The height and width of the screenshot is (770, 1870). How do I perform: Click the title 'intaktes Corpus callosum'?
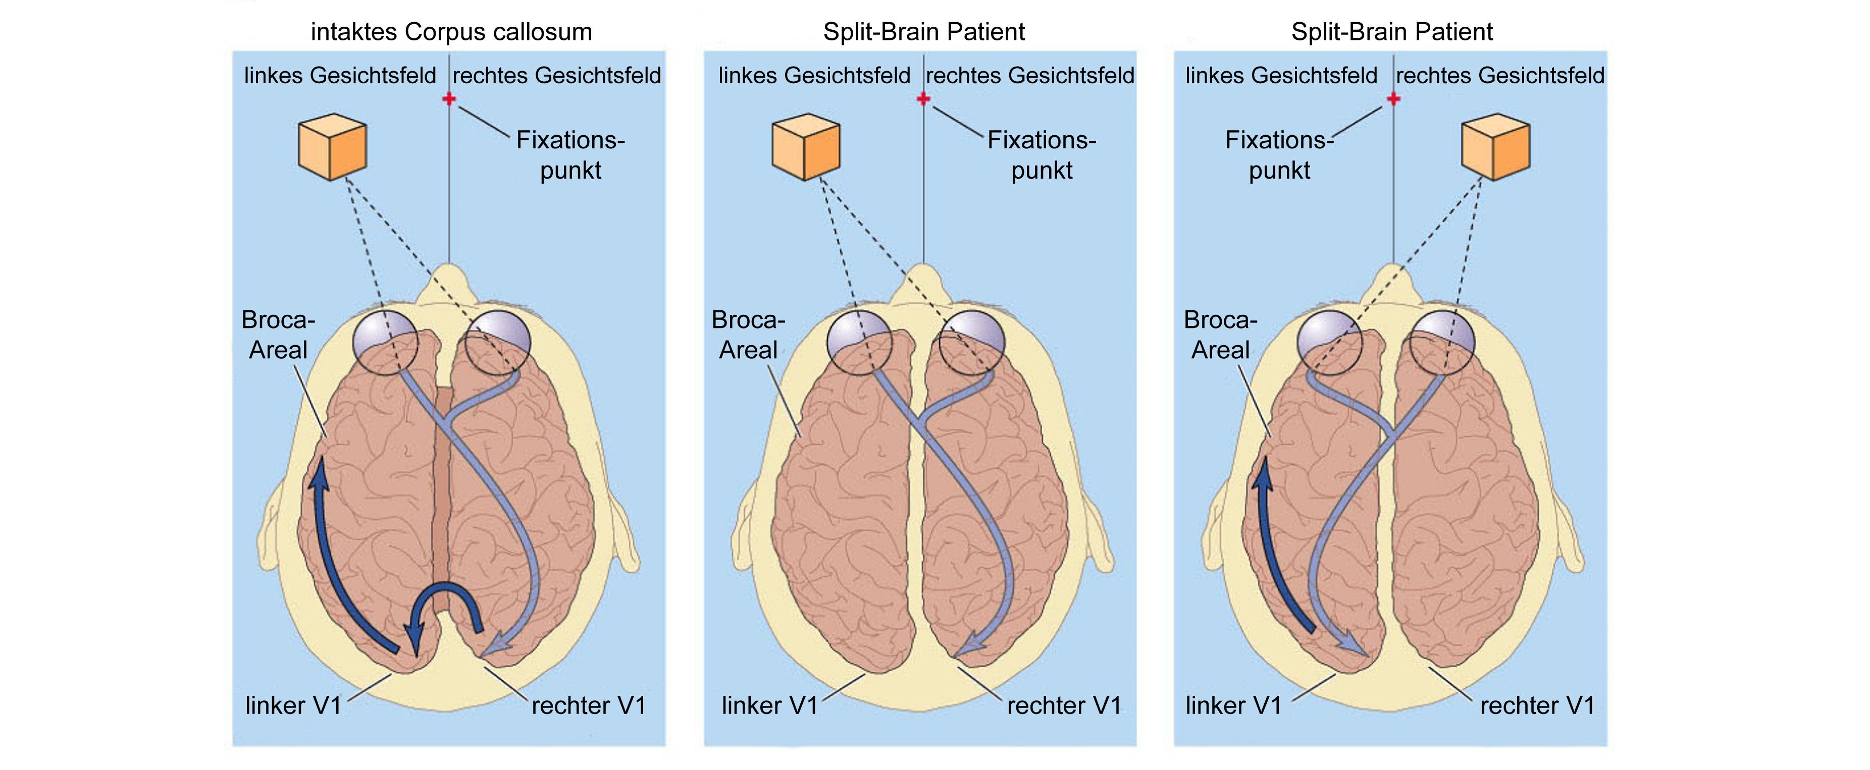pos(451,32)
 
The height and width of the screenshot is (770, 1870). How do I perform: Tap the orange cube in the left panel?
pos(333,147)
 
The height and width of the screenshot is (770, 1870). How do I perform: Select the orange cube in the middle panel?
pos(806,147)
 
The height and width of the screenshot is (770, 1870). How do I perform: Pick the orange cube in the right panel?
pos(1495,147)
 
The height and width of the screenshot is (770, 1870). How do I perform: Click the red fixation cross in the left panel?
pos(449,98)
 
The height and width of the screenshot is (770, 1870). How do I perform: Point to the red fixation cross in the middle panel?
pos(923,98)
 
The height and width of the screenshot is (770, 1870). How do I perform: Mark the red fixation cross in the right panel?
pos(1393,98)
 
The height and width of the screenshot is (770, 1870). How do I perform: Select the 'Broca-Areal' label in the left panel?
pos(278,335)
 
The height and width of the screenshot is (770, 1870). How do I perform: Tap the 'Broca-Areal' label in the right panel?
pos(1220,335)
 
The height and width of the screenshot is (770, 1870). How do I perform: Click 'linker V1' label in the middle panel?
pos(769,705)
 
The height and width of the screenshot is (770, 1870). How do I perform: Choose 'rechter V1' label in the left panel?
pos(589,705)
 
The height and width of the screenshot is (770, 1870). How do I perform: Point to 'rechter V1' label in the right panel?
pos(1537,705)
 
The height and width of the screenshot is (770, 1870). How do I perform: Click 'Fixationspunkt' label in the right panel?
pos(1279,154)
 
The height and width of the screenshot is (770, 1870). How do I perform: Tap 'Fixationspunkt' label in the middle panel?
pos(1042,154)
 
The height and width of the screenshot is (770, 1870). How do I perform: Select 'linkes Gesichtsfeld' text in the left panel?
pos(340,76)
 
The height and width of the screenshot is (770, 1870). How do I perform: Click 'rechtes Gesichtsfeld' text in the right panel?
pos(1500,76)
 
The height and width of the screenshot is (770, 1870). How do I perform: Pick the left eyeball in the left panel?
pos(386,343)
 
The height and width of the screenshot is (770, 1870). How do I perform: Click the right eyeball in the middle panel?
pos(971,343)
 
